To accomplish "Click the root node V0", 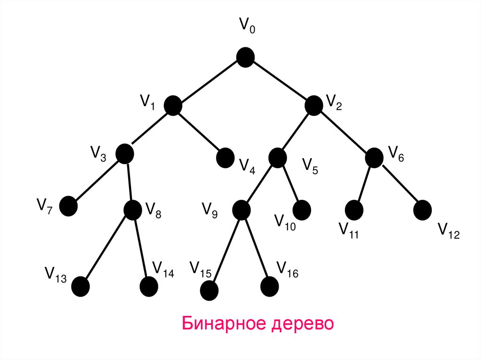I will pos(245,57).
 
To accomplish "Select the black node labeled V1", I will pos(173,106).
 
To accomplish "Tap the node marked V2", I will pos(313,105).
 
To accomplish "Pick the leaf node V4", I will pos(225,158).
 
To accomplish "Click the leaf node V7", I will pos(69,206).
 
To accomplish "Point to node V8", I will pos(132,210).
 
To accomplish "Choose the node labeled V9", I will pos(241,209).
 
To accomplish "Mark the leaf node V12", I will pos(423,209).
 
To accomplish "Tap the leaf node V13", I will pos(81,286).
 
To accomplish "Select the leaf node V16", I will pos(270,286).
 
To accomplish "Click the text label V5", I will pos(310,166).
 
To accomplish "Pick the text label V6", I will pos(396,153).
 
